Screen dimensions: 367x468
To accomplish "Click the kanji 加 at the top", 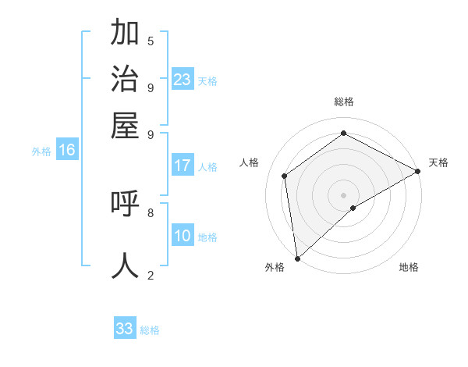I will [x=125, y=34].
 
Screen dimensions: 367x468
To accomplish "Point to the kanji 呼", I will [x=125, y=204].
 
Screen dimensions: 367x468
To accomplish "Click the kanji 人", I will [x=125, y=265].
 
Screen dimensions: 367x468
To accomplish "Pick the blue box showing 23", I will [x=183, y=80].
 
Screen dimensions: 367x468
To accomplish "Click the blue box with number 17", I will [x=183, y=166].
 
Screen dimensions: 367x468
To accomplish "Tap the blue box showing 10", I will [x=183, y=236].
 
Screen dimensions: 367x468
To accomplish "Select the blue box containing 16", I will [x=67, y=151].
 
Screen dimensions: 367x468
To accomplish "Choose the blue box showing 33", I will [x=125, y=329].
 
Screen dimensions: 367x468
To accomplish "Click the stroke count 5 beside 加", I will [x=151, y=41].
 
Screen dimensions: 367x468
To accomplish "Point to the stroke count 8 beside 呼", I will [x=151, y=212].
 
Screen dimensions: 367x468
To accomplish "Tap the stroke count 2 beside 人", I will [x=151, y=274].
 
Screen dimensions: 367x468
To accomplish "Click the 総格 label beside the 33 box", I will [x=150, y=330].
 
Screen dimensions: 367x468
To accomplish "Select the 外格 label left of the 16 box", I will [x=41, y=152].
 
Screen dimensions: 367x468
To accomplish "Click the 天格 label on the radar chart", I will [x=438, y=162].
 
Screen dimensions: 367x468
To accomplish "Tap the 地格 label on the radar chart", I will [x=409, y=268].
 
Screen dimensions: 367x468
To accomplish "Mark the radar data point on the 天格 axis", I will [x=418, y=171].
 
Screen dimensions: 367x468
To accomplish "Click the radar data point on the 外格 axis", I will [x=297, y=258].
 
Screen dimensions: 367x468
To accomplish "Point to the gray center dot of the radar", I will [x=344, y=194].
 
